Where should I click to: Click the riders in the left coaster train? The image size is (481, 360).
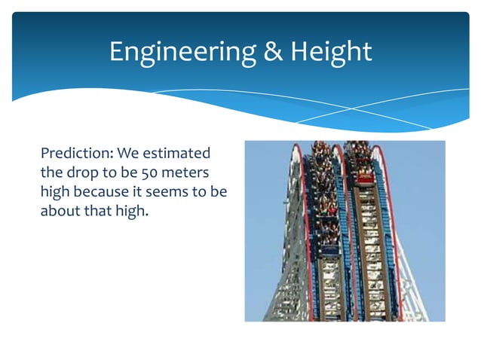(x=324, y=196)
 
